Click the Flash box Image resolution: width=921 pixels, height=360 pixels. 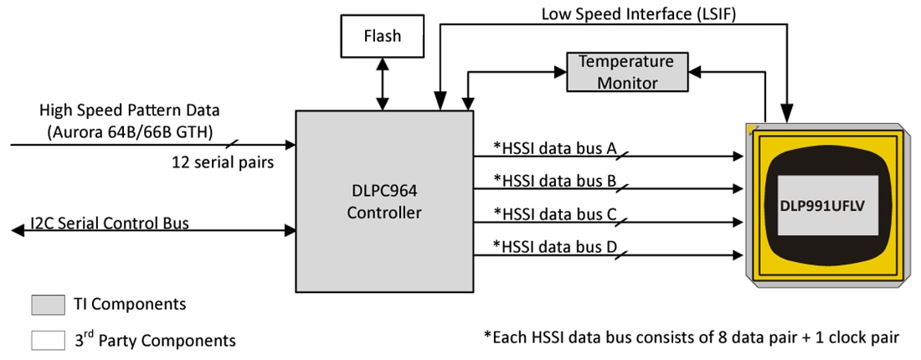(x=382, y=36)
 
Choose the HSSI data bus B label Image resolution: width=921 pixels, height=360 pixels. (x=554, y=180)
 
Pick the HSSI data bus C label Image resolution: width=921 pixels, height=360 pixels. (x=554, y=214)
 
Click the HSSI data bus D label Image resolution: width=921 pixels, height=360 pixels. (x=554, y=246)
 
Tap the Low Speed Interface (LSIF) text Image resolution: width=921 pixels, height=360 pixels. (x=634, y=13)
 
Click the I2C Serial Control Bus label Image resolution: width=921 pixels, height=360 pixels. (x=109, y=223)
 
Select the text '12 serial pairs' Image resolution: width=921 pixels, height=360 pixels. (x=222, y=162)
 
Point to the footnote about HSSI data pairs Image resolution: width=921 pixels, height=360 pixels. (x=692, y=337)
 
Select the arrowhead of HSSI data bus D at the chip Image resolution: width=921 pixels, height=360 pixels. (x=738, y=255)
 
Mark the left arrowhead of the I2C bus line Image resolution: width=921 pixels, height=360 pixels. (x=16, y=230)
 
